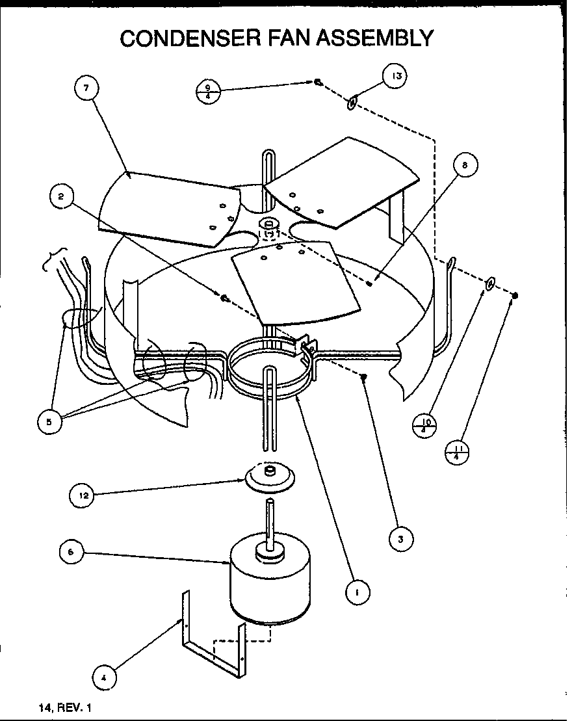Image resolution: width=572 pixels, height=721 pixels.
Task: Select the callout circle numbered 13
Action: (x=396, y=76)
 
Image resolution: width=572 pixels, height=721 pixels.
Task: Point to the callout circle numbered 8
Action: (x=465, y=166)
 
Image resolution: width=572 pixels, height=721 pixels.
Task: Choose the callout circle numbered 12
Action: (x=83, y=495)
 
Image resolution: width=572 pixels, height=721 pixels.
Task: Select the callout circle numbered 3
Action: (x=401, y=538)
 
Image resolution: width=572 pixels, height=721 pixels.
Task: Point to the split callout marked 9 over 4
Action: (x=207, y=90)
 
